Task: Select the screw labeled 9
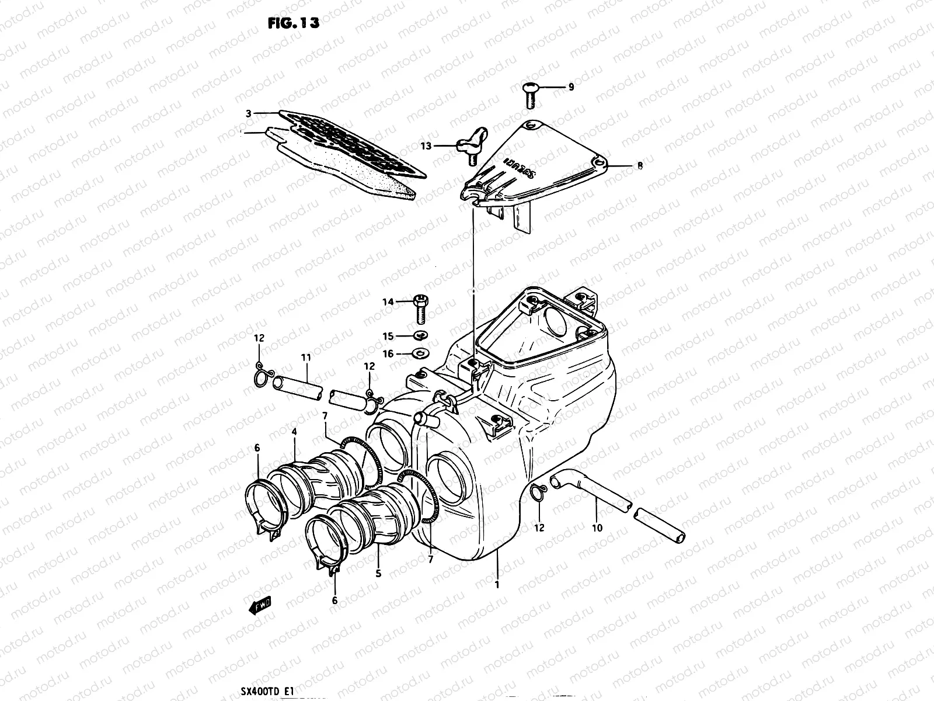click(x=529, y=95)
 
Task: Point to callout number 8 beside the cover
click(x=640, y=166)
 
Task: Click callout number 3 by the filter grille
click(x=249, y=114)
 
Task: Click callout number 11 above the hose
click(x=306, y=357)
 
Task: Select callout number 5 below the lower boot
click(x=378, y=574)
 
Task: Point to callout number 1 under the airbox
click(x=497, y=584)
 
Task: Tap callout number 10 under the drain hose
click(x=597, y=528)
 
